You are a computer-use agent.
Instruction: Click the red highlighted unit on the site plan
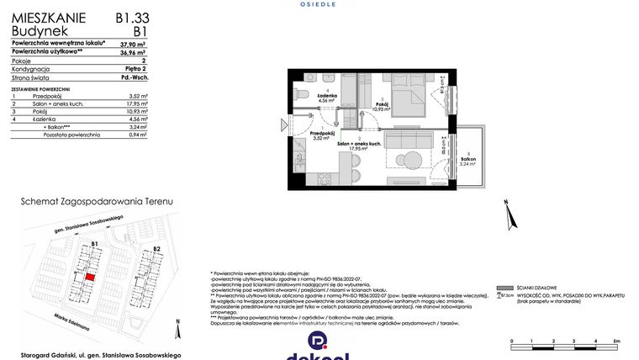pyautogui.click(x=90, y=276)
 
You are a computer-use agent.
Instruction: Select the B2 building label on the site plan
pyautogui.click(x=156, y=250)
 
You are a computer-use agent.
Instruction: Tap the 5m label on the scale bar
pyautogui.click(x=616, y=341)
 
